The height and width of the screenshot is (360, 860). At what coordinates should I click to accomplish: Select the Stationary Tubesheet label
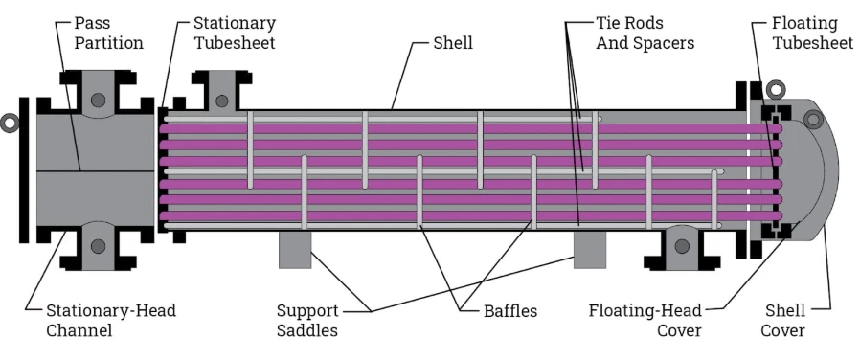[x=234, y=33]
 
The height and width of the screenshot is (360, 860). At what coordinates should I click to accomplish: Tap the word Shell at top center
[x=453, y=43]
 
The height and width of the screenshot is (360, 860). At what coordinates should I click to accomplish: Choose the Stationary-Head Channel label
[x=111, y=321]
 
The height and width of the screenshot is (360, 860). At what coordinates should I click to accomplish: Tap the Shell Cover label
[x=784, y=321]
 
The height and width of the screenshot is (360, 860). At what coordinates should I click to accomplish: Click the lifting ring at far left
[x=10, y=123]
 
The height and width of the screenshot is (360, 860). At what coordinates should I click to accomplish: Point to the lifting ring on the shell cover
[x=814, y=119]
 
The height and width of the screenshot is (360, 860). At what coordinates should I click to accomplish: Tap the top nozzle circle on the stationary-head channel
[x=99, y=100]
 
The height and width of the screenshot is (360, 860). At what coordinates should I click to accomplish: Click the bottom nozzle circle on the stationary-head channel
[x=99, y=246]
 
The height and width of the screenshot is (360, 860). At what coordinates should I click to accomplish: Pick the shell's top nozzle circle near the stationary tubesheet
[x=221, y=100]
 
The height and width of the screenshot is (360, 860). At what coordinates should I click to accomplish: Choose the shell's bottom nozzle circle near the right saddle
[x=680, y=246]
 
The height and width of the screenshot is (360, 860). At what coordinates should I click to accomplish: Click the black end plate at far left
[x=24, y=169]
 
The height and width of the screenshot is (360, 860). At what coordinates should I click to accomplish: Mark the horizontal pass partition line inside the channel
[x=96, y=171]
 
